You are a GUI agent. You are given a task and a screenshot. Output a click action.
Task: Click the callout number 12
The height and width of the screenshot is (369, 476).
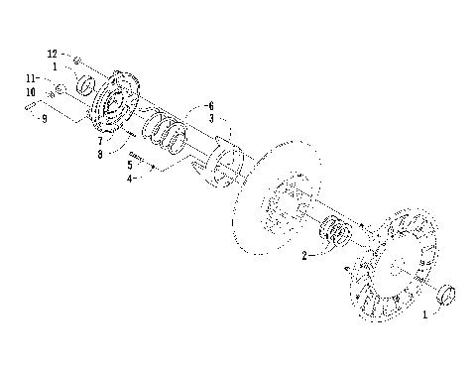click(x=53, y=51)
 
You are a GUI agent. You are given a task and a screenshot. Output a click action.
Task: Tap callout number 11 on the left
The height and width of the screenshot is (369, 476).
click(x=31, y=77)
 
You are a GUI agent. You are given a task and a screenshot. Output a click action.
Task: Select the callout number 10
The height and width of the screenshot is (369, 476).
click(x=31, y=93)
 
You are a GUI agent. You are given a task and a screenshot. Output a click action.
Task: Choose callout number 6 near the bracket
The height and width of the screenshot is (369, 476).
click(x=210, y=104)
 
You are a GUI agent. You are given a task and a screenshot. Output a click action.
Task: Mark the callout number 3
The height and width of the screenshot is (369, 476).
click(x=210, y=117)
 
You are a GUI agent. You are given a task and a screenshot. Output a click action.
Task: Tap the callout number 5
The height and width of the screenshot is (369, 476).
click(x=130, y=165)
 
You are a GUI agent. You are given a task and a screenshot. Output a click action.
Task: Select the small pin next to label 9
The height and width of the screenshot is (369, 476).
click(x=33, y=104)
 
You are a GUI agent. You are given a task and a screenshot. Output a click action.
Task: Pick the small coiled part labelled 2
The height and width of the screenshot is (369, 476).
click(x=334, y=236)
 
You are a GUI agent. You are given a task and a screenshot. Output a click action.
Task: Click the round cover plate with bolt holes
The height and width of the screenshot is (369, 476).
click(x=118, y=100)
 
